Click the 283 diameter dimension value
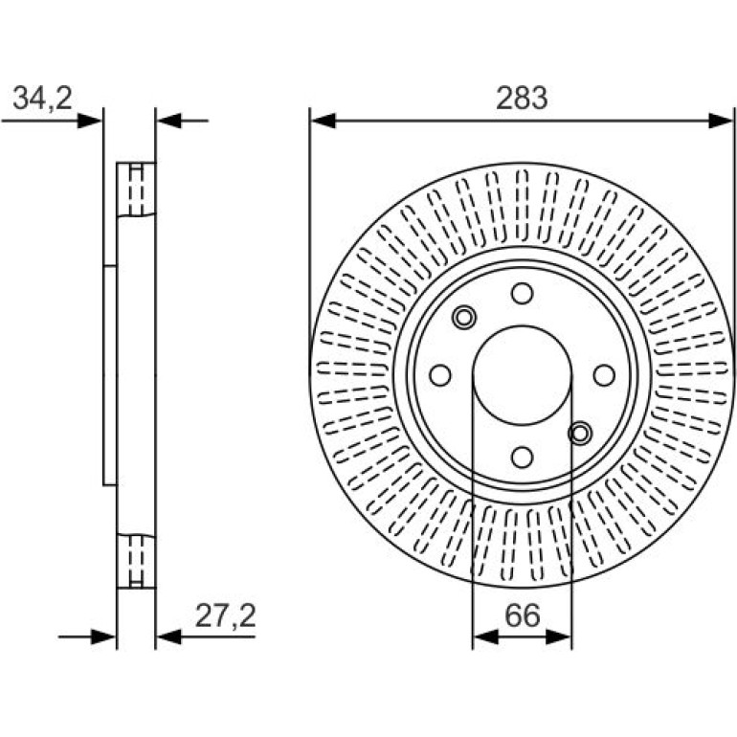(522, 98)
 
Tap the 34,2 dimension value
(43, 99)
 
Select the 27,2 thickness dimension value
(226, 615)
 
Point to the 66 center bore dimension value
(523, 615)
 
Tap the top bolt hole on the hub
(523, 293)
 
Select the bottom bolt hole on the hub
(523, 457)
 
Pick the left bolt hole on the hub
(440, 375)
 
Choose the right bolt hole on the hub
(604, 375)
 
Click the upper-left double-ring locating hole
(464, 318)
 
